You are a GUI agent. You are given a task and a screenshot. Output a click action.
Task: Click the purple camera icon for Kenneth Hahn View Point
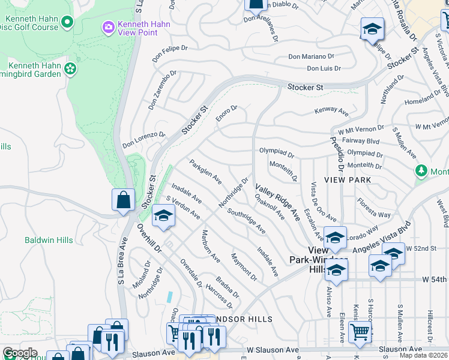[x=108, y=26]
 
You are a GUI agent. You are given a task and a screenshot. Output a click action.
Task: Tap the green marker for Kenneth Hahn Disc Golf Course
[x=67, y=23]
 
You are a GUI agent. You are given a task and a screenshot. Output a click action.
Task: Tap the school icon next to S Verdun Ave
[x=162, y=216]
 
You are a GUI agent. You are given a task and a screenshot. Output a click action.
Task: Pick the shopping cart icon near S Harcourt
[x=360, y=331]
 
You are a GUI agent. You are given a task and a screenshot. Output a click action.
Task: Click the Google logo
[x=20, y=353]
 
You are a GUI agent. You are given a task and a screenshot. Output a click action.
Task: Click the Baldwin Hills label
[x=49, y=241]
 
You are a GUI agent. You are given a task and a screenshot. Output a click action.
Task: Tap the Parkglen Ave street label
[x=205, y=172]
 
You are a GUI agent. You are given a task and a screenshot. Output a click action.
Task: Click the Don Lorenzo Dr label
[x=143, y=140]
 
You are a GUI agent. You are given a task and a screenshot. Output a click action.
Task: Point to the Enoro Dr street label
[x=227, y=113]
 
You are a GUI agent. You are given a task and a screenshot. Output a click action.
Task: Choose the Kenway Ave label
[x=332, y=112]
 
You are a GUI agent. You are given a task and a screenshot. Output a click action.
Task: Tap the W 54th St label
[x=432, y=280]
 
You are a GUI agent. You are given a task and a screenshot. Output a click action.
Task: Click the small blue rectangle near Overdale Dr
[x=170, y=296]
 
